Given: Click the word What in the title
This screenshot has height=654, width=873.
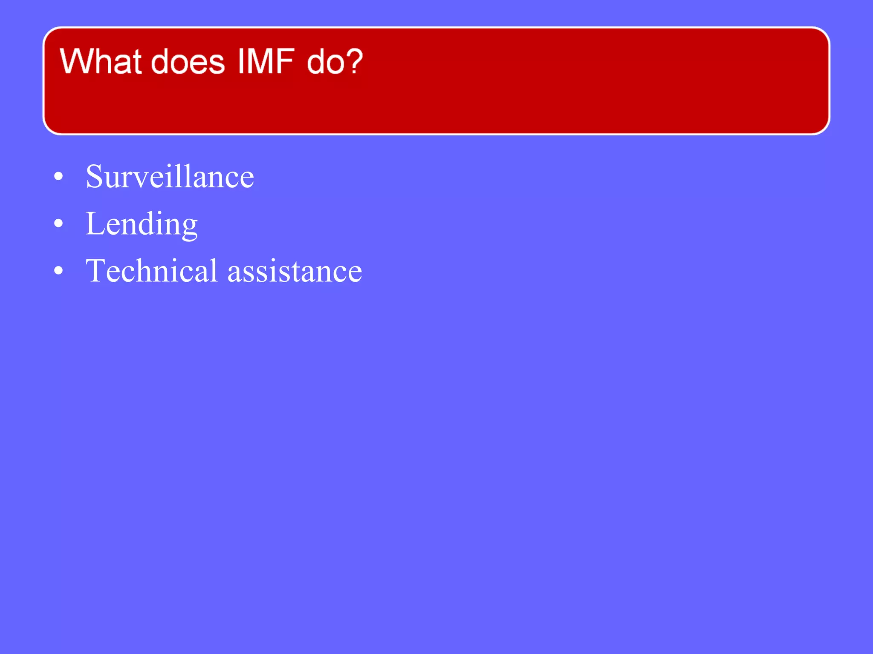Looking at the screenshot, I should tap(100, 62).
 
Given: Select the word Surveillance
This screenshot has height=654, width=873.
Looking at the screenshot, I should tap(170, 176).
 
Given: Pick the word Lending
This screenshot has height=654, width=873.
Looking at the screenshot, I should tap(142, 224).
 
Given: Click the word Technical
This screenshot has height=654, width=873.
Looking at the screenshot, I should tap(152, 270).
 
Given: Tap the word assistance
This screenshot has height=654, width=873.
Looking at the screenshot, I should tap(295, 271).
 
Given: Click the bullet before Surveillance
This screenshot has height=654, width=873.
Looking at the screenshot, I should tap(59, 176).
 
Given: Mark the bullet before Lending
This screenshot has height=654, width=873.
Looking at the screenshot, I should tap(59, 223).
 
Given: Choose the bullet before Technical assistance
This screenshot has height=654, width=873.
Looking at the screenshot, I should tap(59, 270).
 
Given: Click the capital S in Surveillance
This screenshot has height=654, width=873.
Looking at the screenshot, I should tap(94, 176).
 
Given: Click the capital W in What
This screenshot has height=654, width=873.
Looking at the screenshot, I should tap(78, 62).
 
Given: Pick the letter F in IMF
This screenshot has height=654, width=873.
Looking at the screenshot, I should tap(286, 62).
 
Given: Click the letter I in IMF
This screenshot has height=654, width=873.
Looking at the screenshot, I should tap(241, 62).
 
